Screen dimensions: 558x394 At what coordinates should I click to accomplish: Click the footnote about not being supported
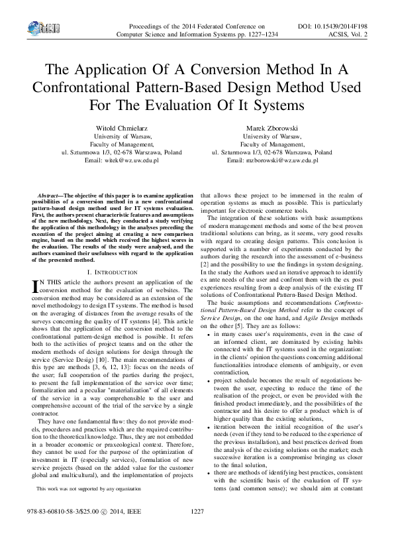click(x=88, y=488)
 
